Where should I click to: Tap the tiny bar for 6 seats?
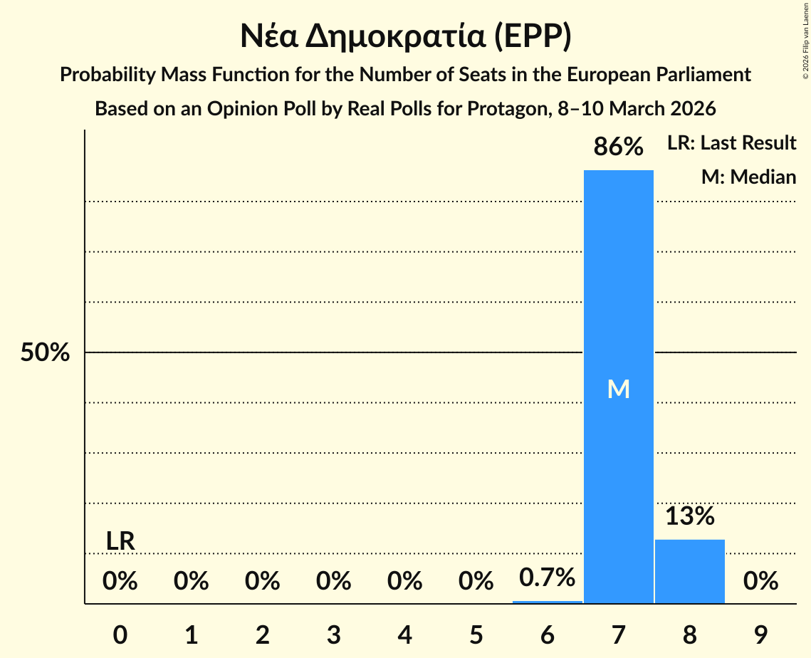[547, 602]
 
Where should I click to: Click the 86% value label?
[618, 147]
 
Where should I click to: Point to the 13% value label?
[689, 516]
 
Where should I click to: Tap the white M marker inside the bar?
[618, 389]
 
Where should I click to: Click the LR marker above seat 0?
[120, 541]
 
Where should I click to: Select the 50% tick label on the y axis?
[45, 352]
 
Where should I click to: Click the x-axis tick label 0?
[120, 635]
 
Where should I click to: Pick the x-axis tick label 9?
[760, 635]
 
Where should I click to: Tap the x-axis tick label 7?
[618, 635]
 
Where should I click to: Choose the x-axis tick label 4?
[404, 635]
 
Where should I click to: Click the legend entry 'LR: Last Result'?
[731, 143]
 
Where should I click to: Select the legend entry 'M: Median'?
[748, 177]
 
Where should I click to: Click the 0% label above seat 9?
[760, 582]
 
